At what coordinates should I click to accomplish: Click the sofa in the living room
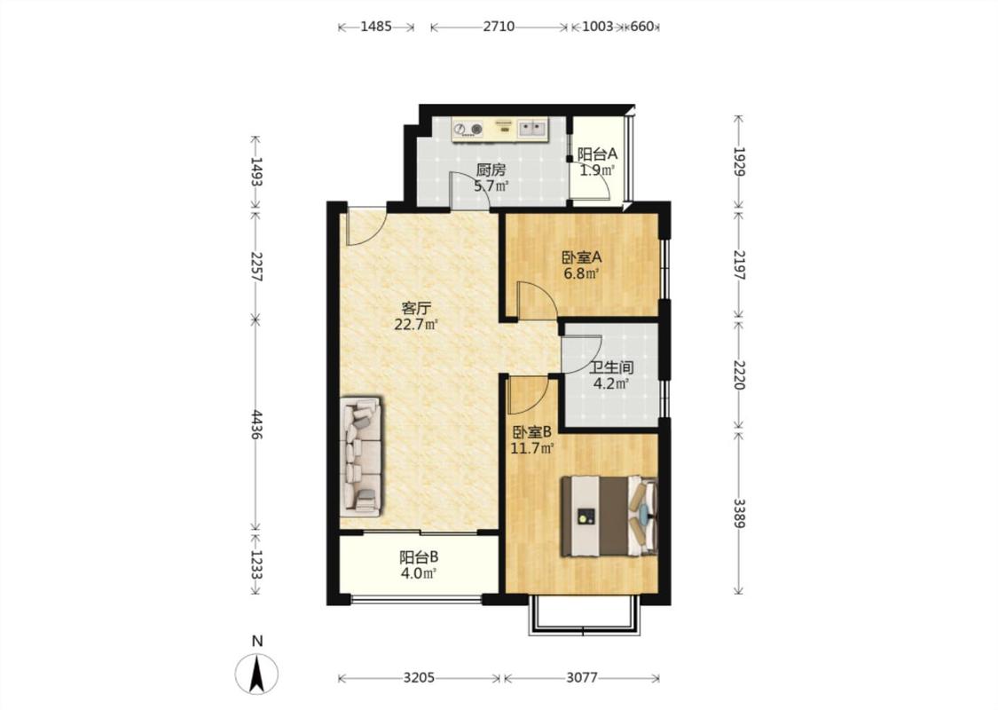coord(361,456)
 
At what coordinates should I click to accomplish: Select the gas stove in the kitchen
coord(468,130)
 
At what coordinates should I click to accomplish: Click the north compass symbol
coord(257,674)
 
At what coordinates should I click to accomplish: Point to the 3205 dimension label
coord(419,677)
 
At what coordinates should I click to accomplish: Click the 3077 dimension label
coord(582,677)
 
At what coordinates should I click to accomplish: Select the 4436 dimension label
coord(255,425)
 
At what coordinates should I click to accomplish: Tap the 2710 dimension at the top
coord(499,27)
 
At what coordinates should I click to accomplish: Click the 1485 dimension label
coord(375,27)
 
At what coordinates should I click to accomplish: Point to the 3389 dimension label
coord(738,513)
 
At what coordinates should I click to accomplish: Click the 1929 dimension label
coord(738,162)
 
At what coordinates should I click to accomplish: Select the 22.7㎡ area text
coord(416,325)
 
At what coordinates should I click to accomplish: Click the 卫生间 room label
coord(611,367)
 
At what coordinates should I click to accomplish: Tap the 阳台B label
coord(419,557)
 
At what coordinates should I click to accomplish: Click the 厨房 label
coord(491,170)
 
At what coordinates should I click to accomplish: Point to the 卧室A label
coord(582,257)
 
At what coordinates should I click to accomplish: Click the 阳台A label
coord(597,154)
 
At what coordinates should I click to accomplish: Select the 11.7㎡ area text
coord(532,447)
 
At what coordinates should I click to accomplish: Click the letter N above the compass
coord(257,642)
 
